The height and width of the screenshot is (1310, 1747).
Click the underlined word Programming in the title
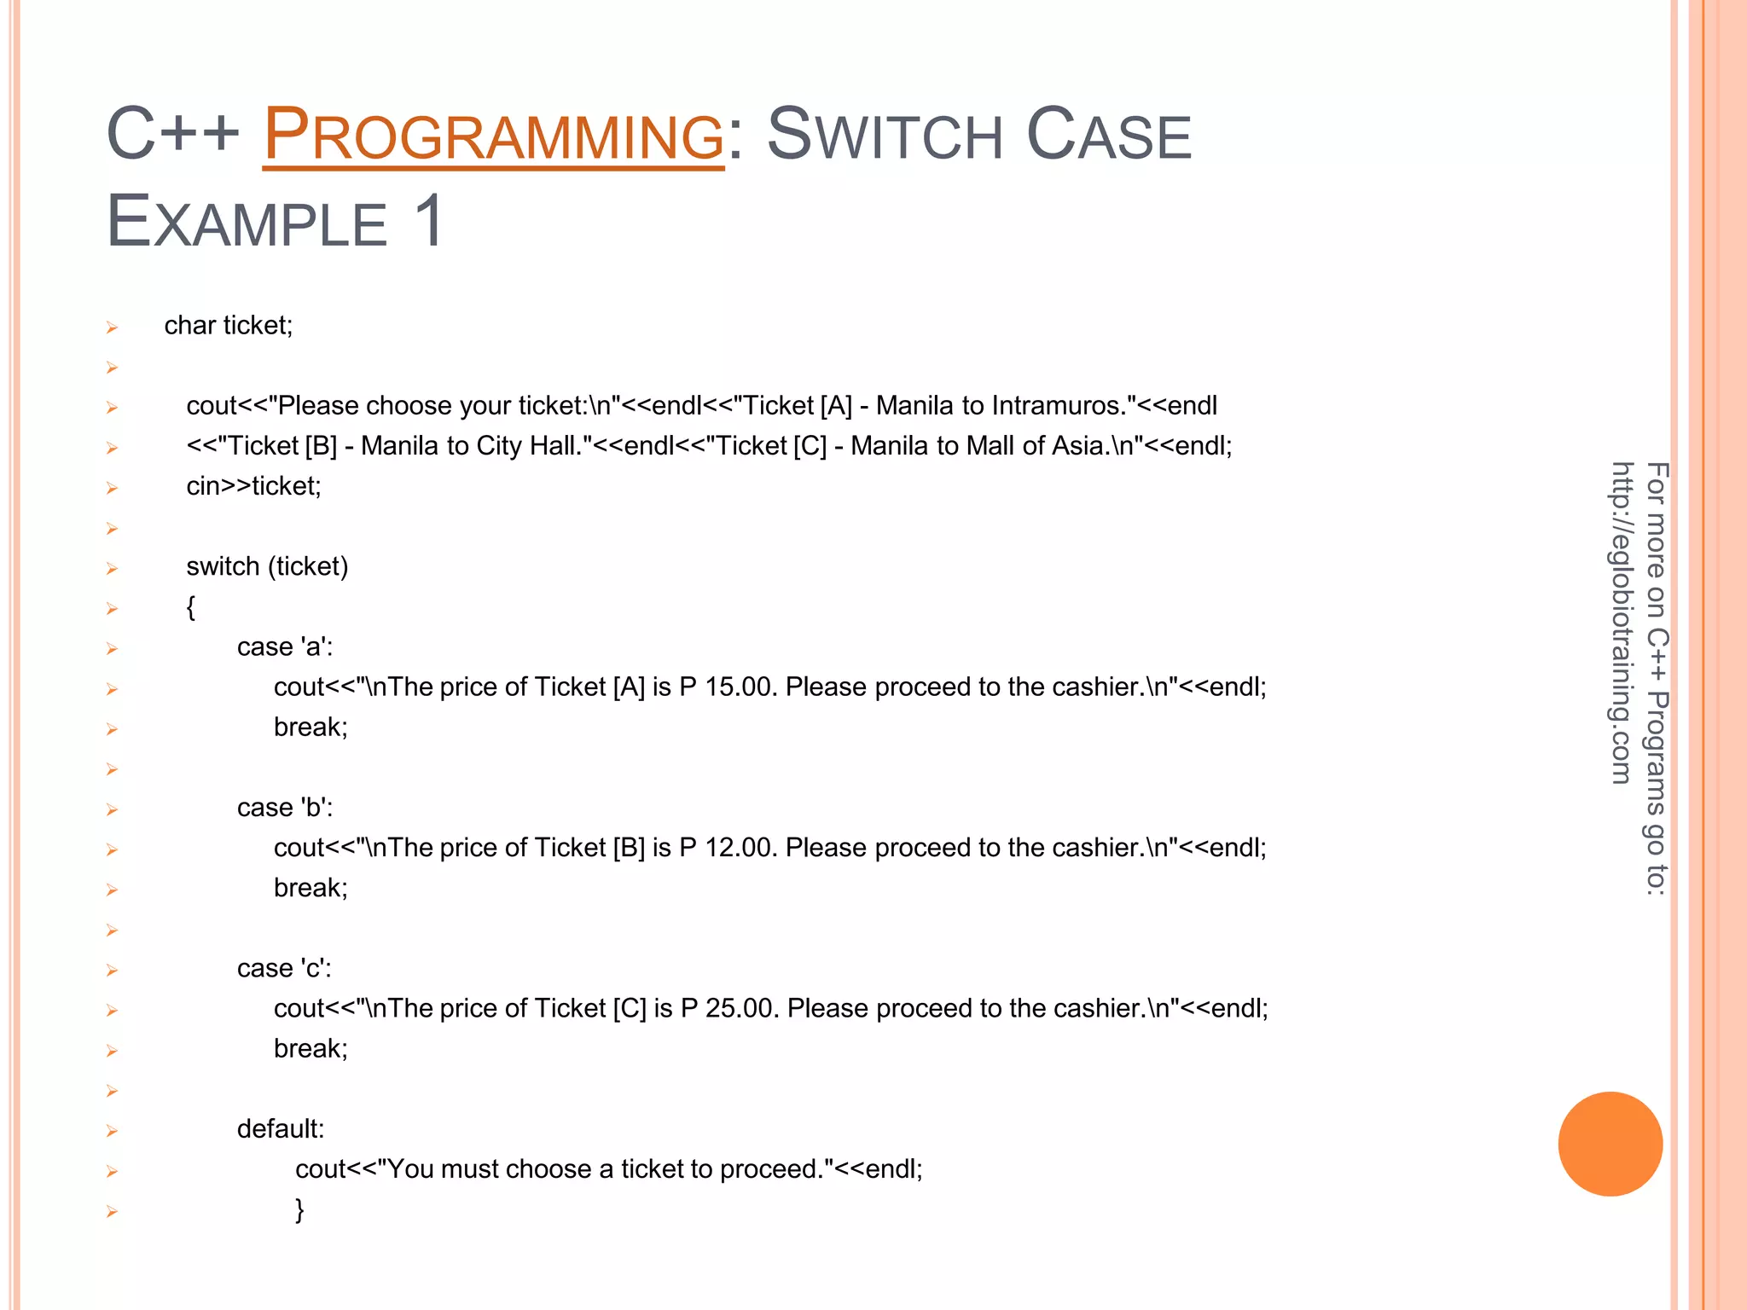coord(493,135)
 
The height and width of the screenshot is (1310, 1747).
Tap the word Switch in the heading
coord(885,135)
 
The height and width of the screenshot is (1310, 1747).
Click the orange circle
coord(1610,1144)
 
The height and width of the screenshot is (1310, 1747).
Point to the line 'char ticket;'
coord(229,326)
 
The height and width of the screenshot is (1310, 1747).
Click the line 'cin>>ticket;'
coord(253,486)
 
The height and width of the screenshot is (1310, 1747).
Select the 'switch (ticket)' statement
coord(267,566)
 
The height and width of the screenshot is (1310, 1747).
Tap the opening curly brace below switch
coord(191,607)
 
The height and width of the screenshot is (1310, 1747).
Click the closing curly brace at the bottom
coord(299,1209)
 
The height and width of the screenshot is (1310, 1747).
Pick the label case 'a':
coord(285,647)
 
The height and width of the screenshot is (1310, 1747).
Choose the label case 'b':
coord(285,808)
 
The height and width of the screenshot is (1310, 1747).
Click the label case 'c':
coord(284,969)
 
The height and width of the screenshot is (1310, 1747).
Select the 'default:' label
coord(281,1129)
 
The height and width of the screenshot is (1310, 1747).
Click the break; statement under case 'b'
coord(311,889)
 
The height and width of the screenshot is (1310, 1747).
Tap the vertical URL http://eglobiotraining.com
coord(1622,623)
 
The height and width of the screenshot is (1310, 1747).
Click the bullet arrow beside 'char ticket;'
coord(112,327)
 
